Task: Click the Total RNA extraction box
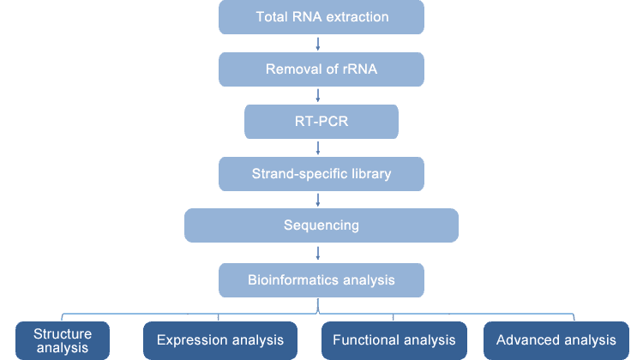pyautogui.click(x=321, y=17)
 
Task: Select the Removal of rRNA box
pyautogui.click(x=321, y=69)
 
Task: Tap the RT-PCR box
pyautogui.click(x=321, y=122)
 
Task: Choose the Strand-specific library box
pyautogui.click(x=321, y=174)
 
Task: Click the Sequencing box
pyautogui.click(x=321, y=225)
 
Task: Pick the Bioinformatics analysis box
pyautogui.click(x=321, y=280)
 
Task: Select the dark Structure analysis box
pyautogui.click(x=63, y=341)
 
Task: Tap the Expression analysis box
pyautogui.click(x=220, y=341)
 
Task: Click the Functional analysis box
pyautogui.click(x=394, y=341)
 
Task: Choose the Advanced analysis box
pyautogui.click(x=556, y=341)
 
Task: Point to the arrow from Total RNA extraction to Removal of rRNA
pyautogui.click(x=318, y=44)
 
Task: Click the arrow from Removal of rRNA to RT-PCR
pyautogui.click(x=318, y=95)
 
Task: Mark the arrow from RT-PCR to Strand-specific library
pyautogui.click(x=318, y=148)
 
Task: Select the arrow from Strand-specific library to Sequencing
pyautogui.click(x=318, y=200)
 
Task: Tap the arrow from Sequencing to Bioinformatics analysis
pyautogui.click(x=318, y=253)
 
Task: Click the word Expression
pyautogui.click(x=192, y=340)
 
